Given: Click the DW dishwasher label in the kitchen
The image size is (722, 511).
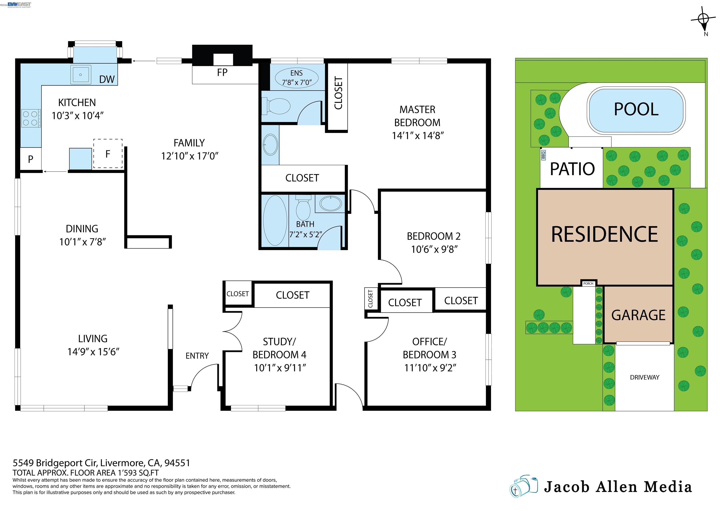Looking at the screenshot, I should (107, 79).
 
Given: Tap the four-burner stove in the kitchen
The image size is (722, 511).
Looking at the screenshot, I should (31, 118).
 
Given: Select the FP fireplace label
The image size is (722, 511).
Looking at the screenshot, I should (222, 73).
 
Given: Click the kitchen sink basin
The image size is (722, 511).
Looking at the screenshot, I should (81, 75).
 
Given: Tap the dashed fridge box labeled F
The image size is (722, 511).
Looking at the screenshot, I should (108, 154).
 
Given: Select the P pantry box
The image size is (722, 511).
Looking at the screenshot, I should (31, 159).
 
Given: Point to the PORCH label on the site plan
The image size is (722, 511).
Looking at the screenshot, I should (588, 283).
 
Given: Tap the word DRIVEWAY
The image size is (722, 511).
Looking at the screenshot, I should (644, 377).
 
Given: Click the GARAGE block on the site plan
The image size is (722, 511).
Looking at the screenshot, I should (638, 315).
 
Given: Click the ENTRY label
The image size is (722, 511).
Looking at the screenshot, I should (197, 356).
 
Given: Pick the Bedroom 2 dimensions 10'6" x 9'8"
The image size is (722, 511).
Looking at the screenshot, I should (434, 249).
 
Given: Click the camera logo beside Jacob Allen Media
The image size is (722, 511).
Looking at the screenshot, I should (524, 487).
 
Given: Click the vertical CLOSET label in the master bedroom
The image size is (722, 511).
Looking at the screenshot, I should (338, 93).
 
